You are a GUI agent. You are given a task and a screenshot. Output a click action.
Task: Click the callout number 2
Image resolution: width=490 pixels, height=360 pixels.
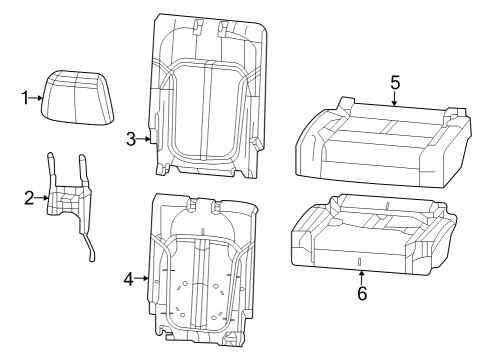coord(29,198)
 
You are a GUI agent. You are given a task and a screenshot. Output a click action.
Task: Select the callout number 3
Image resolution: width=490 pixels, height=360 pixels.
coord(131,139)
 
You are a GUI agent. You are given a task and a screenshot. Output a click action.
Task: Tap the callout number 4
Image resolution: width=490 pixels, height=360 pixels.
coord(128,279)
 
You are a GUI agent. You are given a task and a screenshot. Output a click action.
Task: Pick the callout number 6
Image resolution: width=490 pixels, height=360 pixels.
coord(361,294)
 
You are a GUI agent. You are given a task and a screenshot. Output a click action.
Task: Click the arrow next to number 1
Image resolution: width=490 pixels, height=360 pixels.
coord(39,97)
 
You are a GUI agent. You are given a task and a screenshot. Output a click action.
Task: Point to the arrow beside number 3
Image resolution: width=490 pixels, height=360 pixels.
coord(146,139)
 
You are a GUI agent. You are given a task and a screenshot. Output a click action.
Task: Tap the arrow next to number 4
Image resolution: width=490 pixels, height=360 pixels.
coord(144,279)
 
